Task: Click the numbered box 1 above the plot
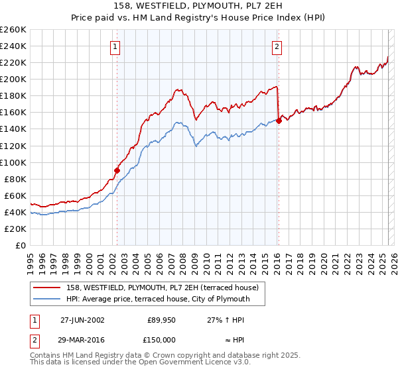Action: [115, 46]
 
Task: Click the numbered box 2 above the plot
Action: [277, 46]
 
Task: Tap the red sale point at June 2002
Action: [117, 170]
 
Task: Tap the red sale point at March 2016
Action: [279, 120]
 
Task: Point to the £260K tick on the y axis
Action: [14, 30]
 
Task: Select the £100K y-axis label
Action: [14, 162]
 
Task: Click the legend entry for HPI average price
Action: [157, 299]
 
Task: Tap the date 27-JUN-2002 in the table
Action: [82, 319]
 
